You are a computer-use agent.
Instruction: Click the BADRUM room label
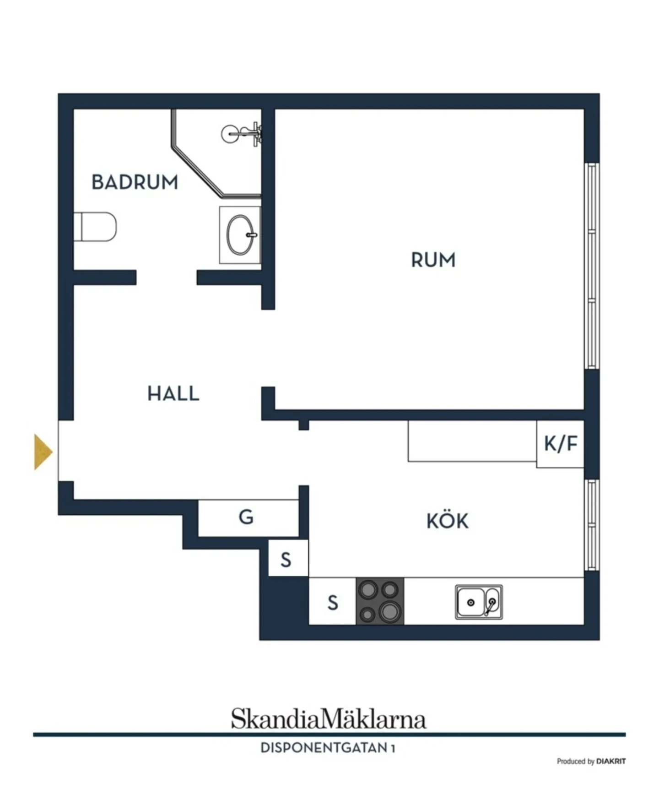135,182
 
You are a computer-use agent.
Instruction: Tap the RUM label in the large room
433,260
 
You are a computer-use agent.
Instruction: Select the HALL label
173,394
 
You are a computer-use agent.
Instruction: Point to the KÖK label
447,520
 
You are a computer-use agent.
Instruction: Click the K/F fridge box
560,444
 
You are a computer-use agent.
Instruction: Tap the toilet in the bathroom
95,226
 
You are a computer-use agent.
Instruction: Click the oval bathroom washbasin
240,235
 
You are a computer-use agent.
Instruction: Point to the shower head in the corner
241,134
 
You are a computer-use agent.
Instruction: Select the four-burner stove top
380,601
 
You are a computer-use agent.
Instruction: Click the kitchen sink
479,602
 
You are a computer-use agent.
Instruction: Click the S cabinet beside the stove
333,601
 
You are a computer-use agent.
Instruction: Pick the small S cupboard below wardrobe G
288,558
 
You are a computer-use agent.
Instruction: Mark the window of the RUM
592,266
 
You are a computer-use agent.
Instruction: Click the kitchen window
592,525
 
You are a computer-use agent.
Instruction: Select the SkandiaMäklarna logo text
328,718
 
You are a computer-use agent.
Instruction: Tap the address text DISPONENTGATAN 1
328,748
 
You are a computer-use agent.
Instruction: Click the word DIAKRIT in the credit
611,761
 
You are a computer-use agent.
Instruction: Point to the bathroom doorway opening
167,278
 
